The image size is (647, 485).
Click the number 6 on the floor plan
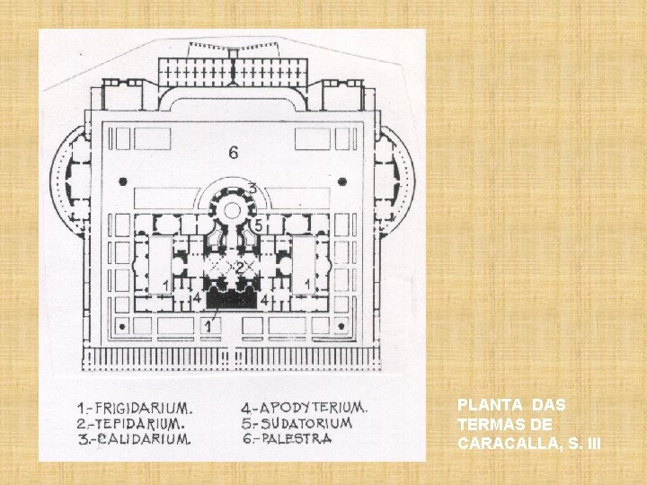pyautogui.click(x=234, y=153)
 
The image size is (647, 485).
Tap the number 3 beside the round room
pyautogui.click(x=253, y=190)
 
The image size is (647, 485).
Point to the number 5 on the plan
pyautogui.click(x=258, y=226)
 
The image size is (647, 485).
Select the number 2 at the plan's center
pyautogui.click(x=240, y=268)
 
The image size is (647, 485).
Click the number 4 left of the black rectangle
pyautogui.click(x=196, y=298)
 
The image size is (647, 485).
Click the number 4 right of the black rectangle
pyautogui.click(x=264, y=298)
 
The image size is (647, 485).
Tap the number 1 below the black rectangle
pyautogui.click(x=209, y=325)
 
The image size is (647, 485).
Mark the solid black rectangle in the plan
pyautogui.click(x=231, y=299)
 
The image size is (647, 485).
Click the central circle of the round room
pyautogui.click(x=231, y=210)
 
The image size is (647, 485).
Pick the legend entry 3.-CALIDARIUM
pyautogui.click(x=131, y=439)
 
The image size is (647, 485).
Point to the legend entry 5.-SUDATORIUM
pyautogui.click(x=300, y=422)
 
